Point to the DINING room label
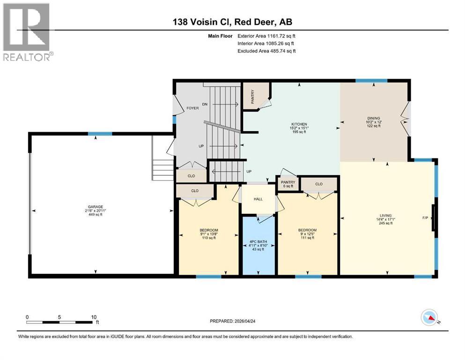click(373, 118)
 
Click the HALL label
click(258, 199)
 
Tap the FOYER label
click(192, 108)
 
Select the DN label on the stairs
click(204, 104)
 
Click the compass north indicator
click(429, 318)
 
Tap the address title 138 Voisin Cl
click(232, 22)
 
